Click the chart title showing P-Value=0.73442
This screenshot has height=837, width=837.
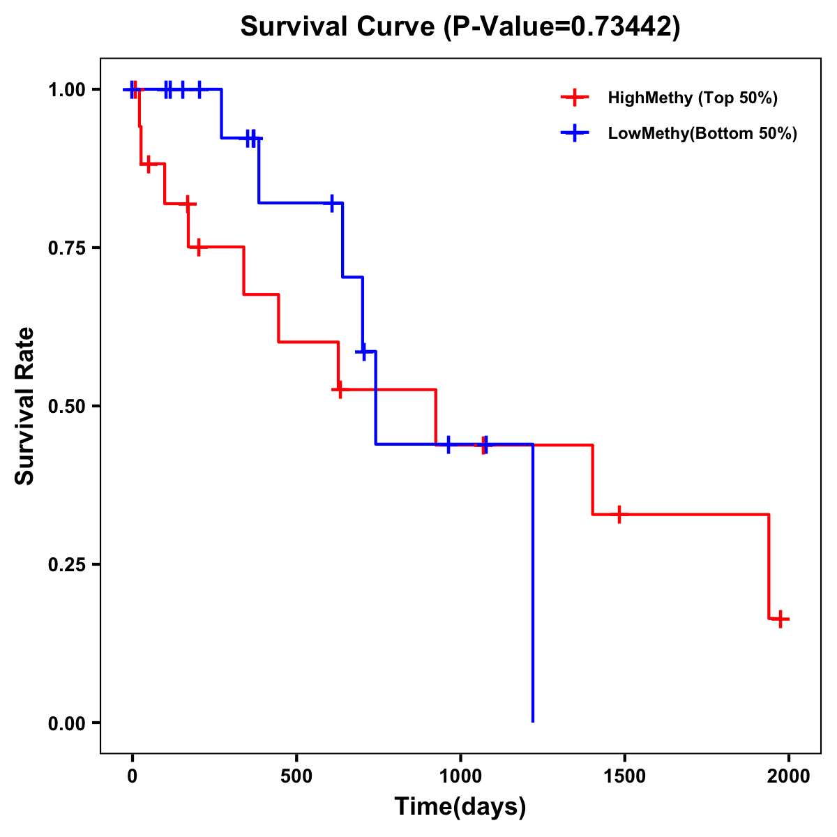tap(460, 27)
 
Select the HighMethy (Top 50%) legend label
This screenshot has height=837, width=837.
tap(693, 98)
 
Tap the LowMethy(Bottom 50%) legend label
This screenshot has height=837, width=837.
tap(702, 133)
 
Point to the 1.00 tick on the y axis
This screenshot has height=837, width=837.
tap(66, 90)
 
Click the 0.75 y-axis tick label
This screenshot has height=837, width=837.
tap(66, 248)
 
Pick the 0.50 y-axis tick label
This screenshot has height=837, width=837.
tap(66, 407)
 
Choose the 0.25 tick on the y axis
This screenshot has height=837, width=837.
tap(66, 565)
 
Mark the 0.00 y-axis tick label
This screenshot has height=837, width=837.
tap(66, 723)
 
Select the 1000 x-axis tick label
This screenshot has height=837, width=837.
tap(460, 776)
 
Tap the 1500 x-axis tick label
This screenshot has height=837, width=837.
tap(624, 776)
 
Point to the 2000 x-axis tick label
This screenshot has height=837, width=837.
tap(788, 776)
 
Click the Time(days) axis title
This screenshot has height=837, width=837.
tap(460, 806)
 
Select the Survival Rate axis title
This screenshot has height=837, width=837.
tap(25, 406)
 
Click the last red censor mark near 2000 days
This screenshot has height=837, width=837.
tap(781, 619)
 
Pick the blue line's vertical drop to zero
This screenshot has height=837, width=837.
tap(533, 593)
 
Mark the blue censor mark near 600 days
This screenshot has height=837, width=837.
tap(332, 203)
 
